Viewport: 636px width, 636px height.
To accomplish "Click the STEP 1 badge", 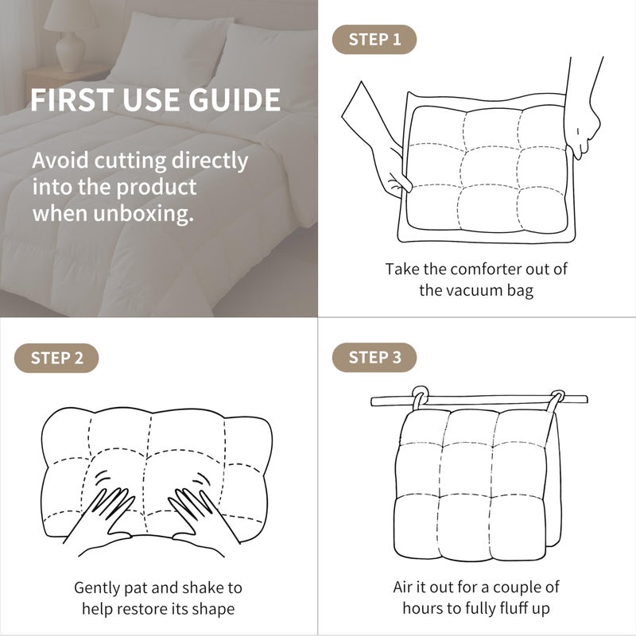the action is (374, 39).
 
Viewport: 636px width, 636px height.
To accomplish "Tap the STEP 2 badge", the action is (56, 359).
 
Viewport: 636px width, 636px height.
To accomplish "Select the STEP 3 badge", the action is (374, 357).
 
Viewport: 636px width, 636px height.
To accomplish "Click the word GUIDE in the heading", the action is (235, 100).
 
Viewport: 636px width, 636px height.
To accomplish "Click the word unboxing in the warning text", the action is (144, 214).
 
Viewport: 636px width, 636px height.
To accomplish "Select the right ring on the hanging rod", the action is (556, 401).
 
